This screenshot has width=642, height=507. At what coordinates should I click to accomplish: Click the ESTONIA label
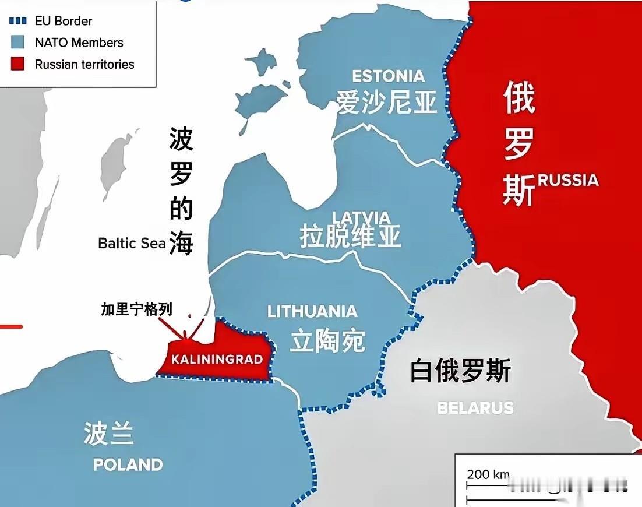pyautogui.click(x=389, y=76)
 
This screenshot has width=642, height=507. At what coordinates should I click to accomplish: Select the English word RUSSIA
pyautogui.click(x=568, y=180)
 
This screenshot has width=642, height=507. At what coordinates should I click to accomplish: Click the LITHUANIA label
pyautogui.click(x=312, y=311)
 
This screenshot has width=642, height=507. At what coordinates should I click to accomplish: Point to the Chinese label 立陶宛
pyautogui.click(x=327, y=340)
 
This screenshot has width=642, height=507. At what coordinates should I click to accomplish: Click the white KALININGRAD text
pyautogui.click(x=217, y=358)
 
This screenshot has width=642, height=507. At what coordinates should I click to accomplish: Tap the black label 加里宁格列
pyautogui.click(x=137, y=309)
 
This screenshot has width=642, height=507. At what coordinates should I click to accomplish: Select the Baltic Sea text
pyautogui.click(x=132, y=243)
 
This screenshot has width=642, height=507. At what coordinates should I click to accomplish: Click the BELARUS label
pyautogui.click(x=475, y=407)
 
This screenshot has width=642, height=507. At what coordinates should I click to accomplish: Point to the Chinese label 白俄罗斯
pyautogui.click(x=460, y=371)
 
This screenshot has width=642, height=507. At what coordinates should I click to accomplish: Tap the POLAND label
pyautogui.click(x=128, y=464)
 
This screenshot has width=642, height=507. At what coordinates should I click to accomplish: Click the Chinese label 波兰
pyautogui.click(x=109, y=434)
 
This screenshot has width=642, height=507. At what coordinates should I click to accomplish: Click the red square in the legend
pyautogui.click(x=18, y=64)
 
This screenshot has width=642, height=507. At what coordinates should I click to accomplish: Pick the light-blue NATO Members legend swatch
pyautogui.click(x=18, y=43)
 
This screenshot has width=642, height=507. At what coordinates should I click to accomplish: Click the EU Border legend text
pyautogui.click(x=64, y=21)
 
